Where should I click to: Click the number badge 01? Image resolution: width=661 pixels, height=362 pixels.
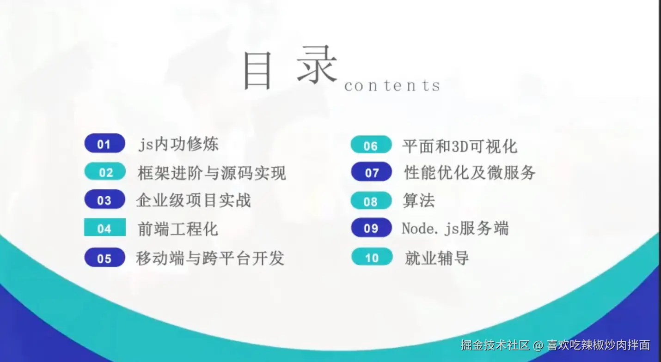pyautogui.click(x=105, y=143)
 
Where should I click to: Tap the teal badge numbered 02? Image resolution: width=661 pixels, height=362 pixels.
pyautogui.click(x=105, y=171)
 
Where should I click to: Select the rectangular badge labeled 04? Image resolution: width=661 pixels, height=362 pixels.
pyautogui.click(x=105, y=227)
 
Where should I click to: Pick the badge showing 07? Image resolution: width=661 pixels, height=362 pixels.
pyautogui.click(x=372, y=172)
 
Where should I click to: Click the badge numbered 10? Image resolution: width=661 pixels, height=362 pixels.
pyautogui.click(x=372, y=257)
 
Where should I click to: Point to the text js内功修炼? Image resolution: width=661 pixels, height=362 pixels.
pyautogui.click(x=178, y=144)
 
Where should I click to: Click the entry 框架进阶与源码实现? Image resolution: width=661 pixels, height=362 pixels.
pyautogui.click(x=212, y=173)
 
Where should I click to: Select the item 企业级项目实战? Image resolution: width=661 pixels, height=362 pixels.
pyautogui.click(x=194, y=200)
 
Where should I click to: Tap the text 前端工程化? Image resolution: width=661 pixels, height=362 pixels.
pyautogui.click(x=178, y=229)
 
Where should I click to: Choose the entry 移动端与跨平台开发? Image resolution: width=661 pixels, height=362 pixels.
pyautogui.click(x=210, y=258)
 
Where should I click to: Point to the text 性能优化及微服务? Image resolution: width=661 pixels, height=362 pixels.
pyautogui.click(x=470, y=172)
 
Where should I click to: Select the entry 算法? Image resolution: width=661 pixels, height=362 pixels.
pyautogui.click(x=419, y=200)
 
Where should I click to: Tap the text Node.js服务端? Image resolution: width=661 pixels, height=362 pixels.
pyautogui.click(x=455, y=229)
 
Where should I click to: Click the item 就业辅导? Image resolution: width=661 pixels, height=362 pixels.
pyautogui.click(x=437, y=258)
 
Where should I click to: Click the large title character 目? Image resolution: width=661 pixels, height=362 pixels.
pyautogui.click(x=257, y=71)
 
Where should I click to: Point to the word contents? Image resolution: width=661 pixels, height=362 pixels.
pyautogui.click(x=392, y=85)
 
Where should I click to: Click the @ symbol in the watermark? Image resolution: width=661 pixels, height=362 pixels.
pyautogui.click(x=538, y=345)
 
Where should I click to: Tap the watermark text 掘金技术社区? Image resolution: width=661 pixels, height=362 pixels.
pyautogui.click(x=495, y=345)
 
